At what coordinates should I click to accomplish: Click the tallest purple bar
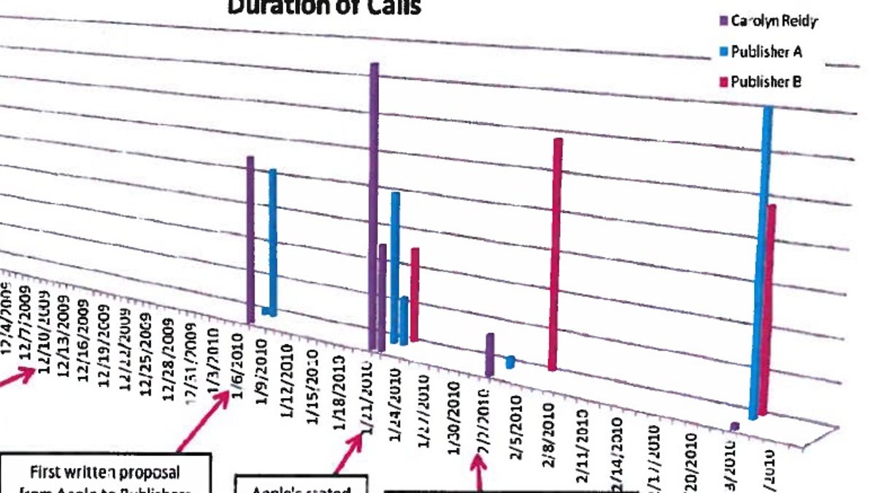tap(374, 205)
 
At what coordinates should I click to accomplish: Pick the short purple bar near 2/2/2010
tap(490, 354)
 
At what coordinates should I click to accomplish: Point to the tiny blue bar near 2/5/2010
tap(510, 362)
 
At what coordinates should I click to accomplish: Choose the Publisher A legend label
tap(766, 52)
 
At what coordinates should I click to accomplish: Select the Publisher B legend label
tap(766, 82)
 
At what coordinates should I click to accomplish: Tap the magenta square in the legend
tap(725, 83)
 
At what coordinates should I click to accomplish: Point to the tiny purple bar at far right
tap(734, 425)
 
